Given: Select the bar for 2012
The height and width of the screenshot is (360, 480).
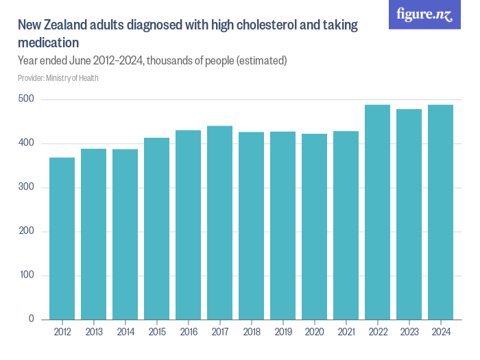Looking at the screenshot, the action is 62,239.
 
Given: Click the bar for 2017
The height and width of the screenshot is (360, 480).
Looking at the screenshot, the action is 220,223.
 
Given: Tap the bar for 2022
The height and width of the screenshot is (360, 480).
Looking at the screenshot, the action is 377,213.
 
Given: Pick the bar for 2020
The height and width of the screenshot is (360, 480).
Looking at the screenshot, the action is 314,227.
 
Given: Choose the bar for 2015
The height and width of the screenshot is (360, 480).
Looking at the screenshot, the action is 157,229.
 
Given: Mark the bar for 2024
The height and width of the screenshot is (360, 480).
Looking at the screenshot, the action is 440,213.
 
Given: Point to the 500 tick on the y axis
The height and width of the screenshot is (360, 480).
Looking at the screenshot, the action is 26,99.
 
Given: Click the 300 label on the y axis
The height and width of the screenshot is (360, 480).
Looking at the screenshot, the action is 26,187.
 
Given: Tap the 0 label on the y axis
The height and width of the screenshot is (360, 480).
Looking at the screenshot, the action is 32,319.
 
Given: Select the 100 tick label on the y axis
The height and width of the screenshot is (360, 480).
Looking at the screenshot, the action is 27,274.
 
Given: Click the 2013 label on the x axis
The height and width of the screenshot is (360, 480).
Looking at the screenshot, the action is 94,332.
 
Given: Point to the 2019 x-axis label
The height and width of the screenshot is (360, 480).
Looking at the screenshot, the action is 283,332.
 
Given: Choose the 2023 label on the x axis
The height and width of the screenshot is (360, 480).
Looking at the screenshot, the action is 409,332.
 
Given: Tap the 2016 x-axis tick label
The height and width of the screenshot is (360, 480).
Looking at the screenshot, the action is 189,332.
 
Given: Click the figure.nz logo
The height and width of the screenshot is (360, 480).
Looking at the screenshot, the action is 424,14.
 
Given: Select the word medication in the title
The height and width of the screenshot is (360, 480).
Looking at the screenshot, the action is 49,43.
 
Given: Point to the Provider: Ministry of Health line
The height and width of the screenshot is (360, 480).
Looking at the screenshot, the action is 58,78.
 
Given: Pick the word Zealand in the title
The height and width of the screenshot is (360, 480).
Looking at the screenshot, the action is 65,25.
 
